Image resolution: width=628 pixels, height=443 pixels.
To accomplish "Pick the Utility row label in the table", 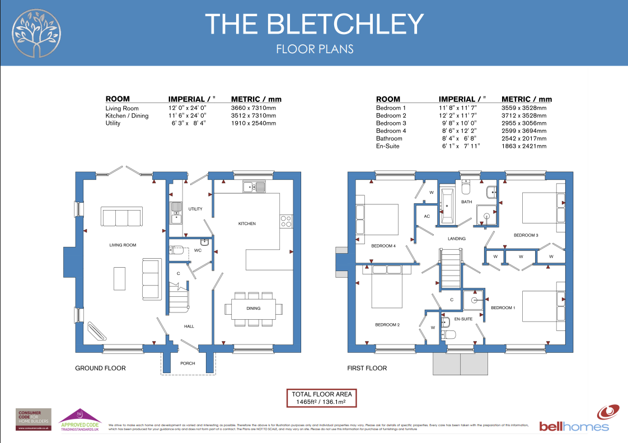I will [x=113, y=123].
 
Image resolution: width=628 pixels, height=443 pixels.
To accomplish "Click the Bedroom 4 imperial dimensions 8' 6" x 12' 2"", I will [x=460, y=130].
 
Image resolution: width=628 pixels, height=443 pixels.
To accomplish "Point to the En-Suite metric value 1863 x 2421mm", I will [x=524, y=146].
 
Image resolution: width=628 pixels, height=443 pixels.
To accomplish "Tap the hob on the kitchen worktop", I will [x=286, y=221].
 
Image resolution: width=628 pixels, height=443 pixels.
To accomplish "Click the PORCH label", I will [x=188, y=363].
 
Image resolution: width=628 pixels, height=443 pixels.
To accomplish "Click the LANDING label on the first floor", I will [x=457, y=239].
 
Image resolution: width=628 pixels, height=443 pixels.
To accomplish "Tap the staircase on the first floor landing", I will [x=450, y=269].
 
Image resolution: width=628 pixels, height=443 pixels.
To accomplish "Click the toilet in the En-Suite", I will [x=449, y=334].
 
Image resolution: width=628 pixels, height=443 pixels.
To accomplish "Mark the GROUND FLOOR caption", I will [x=100, y=368].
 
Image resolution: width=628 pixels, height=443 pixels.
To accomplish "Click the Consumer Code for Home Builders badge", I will [x=34, y=419].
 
